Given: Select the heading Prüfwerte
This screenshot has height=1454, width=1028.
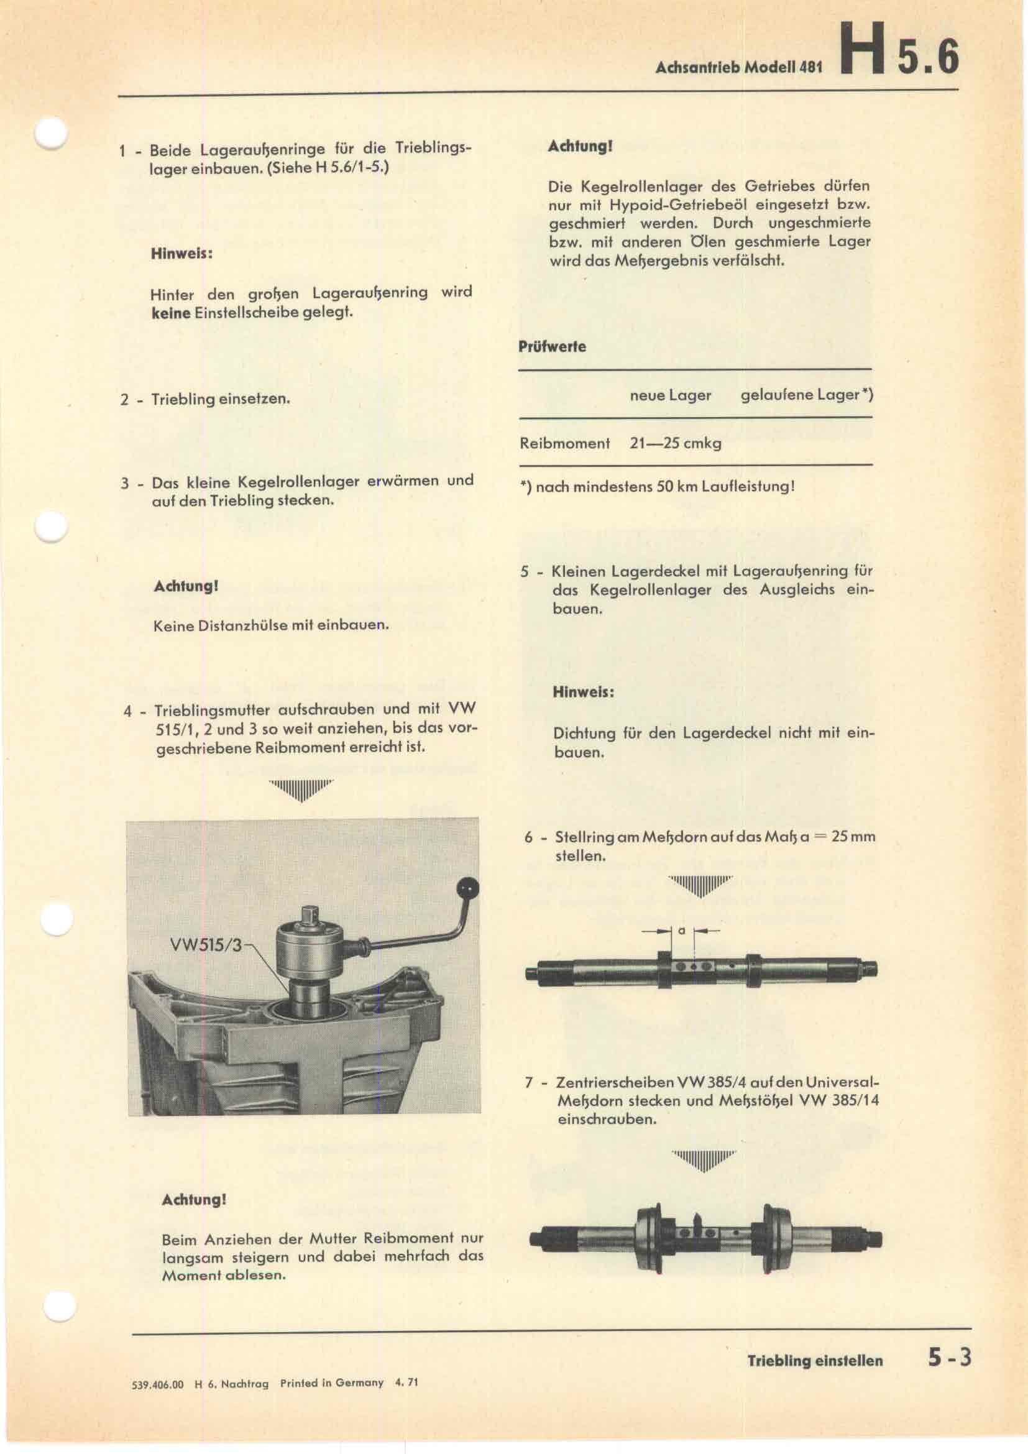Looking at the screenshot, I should click(552, 346).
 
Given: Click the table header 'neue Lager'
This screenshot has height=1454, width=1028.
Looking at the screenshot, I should click(671, 395).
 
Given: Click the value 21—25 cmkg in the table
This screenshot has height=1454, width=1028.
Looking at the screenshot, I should click(676, 443).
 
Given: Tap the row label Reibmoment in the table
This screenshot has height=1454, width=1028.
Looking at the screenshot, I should click(564, 443).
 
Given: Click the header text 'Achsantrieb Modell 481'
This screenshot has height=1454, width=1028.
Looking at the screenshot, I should click(739, 67).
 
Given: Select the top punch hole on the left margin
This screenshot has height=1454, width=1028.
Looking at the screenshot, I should click(50, 134).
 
